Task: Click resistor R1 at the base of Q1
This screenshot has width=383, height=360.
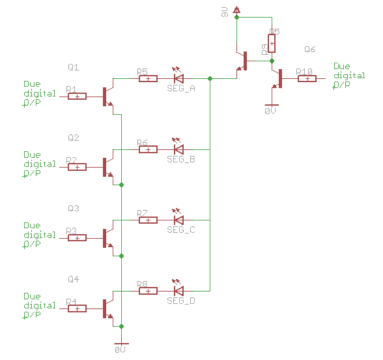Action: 77,97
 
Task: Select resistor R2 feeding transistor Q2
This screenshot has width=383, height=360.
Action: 77,167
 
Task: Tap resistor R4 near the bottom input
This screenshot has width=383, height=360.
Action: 77,308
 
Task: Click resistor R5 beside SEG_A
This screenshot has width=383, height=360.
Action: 148,79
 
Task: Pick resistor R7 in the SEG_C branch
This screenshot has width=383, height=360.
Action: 148,220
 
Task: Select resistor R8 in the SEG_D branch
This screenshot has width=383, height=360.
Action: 148,290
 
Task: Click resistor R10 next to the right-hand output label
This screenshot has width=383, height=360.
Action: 307,79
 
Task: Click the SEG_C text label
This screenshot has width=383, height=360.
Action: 180,230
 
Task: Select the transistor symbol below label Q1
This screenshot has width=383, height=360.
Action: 107,97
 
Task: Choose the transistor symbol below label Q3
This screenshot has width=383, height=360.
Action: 107,237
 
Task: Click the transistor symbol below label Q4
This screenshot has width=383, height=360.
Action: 107,308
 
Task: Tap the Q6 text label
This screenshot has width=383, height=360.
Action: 310,50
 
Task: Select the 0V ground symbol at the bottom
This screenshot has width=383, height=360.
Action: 121,344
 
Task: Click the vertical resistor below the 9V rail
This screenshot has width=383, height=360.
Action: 272,43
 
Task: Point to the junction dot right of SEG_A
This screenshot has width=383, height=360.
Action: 210,79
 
